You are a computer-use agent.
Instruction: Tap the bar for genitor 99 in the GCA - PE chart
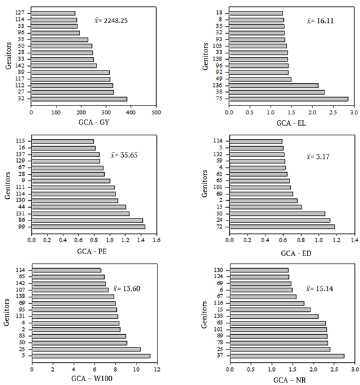[88, 226]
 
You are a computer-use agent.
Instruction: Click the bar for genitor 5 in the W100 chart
[91, 356]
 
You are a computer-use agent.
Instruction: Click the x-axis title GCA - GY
[92, 121]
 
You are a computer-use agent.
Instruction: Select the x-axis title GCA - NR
[291, 379]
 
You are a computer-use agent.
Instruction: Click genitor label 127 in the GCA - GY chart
[20, 13]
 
